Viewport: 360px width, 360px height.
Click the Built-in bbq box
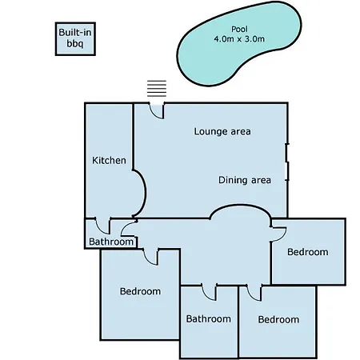pos(75,39)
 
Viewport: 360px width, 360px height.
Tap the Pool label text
pos(239,29)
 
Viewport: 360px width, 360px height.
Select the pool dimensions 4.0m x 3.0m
pos(239,39)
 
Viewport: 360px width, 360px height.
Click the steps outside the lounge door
pos(157,88)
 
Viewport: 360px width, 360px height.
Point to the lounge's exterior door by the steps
pos(157,110)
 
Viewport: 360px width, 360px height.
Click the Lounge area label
pos(222,131)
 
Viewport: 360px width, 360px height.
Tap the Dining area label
pos(245,180)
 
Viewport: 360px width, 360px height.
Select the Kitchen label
pos(109,161)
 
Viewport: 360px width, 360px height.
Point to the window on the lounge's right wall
pos(287,162)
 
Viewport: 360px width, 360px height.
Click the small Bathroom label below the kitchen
pos(111,242)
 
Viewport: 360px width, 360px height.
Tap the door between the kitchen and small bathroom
pos(102,226)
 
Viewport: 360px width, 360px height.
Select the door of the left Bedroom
pos(150,257)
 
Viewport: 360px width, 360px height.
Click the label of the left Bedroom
pos(140,291)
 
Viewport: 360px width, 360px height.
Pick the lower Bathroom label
pos(208,319)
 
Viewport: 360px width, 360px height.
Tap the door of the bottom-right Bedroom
pos(254,293)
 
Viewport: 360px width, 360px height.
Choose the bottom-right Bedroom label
pos(278,319)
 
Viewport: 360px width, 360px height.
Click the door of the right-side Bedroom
pos(278,234)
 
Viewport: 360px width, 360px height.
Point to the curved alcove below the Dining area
pos(241,206)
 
